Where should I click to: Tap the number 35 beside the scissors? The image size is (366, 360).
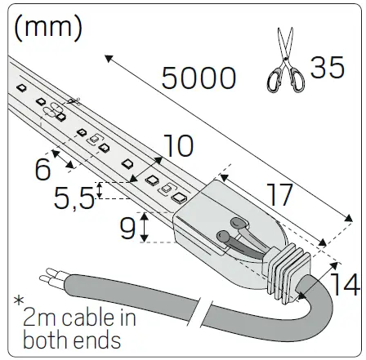328,68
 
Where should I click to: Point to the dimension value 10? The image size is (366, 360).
177,146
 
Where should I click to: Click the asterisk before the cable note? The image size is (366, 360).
19,302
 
